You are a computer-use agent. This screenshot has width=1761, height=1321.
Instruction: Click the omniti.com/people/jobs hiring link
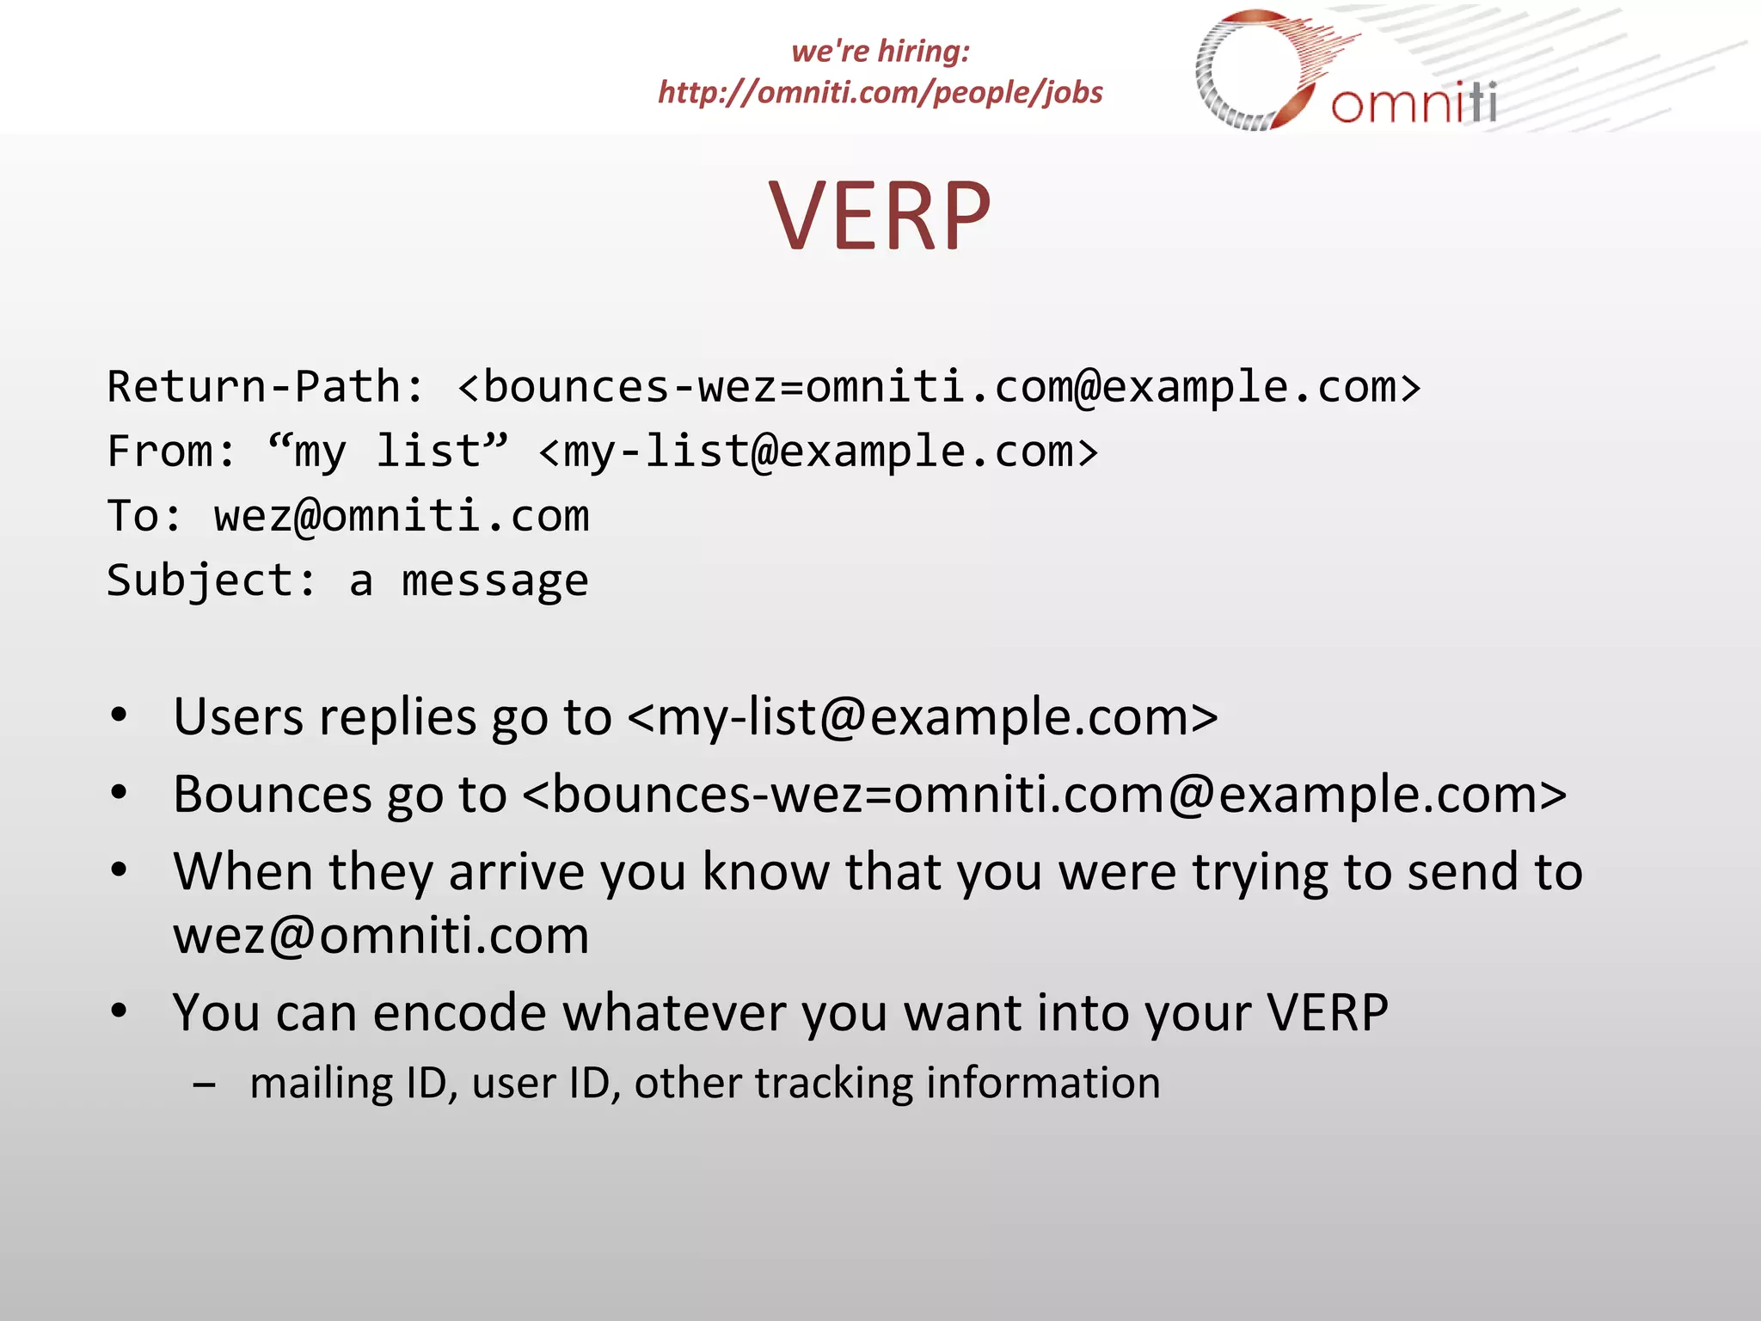[x=880, y=92]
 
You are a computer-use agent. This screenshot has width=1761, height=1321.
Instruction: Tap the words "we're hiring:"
[x=880, y=51]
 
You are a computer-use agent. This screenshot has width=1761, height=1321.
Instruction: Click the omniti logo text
[x=1414, y=103]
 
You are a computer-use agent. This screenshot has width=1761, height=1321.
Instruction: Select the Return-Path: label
[x=265, y=386]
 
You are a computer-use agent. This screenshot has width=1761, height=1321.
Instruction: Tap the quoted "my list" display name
[x=387, y=450]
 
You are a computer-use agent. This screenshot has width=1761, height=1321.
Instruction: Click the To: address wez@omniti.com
[x=402, y=516]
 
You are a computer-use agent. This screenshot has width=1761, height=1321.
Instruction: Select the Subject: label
[x=212, y=581]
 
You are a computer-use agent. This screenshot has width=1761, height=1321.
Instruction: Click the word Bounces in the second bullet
[x=273, y=794]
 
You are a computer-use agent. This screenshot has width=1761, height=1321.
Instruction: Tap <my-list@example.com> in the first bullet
[x=923, y=717]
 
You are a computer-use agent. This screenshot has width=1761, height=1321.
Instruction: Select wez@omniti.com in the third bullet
[x=381, y=936]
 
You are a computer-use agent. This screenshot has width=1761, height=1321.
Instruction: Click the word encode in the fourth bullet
[x=459, y=1012]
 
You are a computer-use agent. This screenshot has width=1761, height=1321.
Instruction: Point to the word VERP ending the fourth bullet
[x=1328, y=1012]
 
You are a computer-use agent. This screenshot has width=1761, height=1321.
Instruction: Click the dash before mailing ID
[x=205, y=1084]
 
